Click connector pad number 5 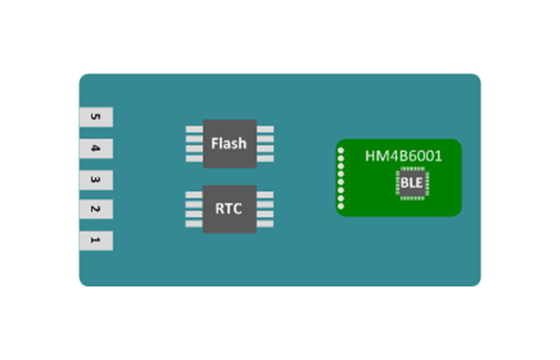[x=95, y=118]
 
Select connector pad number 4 [x=95, y=149]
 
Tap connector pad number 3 [x=95, y=179]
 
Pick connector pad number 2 [x=95, y=210]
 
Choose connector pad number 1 [x=95, y=241]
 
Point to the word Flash [x=229, y=144]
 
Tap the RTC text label [x=229, y=210]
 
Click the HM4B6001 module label [x=403, y=156]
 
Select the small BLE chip [x=412, y=184]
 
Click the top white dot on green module [x=341, y=150]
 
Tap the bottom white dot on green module [x=341, y=208]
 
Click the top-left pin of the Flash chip [x=194, y=129]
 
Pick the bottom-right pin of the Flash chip [x=265, y=158]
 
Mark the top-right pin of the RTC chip [x=265, y=195]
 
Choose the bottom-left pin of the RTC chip [x=194, y=224]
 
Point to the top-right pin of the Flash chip [x=265, y=129]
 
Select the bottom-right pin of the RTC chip [x=265, y=224]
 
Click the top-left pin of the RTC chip [x=194, y=195]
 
